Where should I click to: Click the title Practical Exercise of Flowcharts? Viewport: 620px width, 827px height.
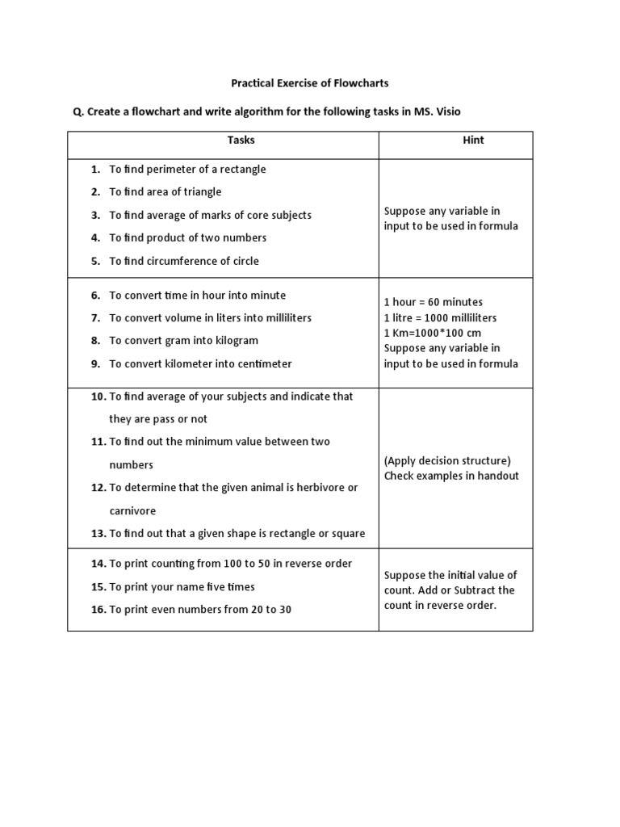coord(310,82)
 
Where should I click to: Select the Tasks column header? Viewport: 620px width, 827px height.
coord(241,140)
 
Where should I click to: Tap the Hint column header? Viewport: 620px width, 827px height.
coord(473,140)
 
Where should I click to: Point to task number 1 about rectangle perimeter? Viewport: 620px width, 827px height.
coord(187,169)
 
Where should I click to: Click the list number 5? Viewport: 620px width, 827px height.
coord(95,261)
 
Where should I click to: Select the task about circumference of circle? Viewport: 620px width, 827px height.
coord(184,261)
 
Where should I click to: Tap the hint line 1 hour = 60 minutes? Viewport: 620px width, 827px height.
coord(434,302)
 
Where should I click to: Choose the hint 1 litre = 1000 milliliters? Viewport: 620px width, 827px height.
coord(441,317)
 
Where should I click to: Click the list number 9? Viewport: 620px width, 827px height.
coord(95,363)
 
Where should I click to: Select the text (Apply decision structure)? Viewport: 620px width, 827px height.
coord(447,460)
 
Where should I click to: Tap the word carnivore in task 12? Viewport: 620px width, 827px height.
coord(133,510)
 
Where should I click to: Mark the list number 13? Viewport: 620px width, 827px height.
coord(98,533)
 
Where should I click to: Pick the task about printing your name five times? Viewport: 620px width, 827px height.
coord(182,586)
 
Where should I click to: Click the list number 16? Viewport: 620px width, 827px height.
coord(98,609)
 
